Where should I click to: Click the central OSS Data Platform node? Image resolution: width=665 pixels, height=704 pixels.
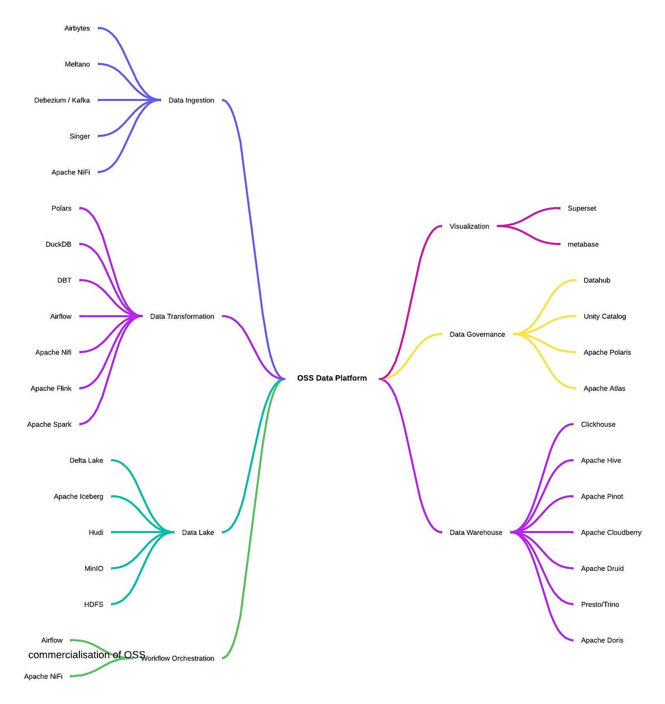(x=332, y=378)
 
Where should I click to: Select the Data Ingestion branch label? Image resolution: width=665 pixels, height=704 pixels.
(x=191, y=100)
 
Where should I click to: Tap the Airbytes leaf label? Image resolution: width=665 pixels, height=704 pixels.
(x=77, y=28)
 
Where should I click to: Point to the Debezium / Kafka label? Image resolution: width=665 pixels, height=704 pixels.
(x=62, y=100)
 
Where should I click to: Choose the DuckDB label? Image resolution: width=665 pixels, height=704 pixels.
(x=58, y=244)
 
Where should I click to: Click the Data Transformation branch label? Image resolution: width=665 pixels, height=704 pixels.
(x=182, y=316)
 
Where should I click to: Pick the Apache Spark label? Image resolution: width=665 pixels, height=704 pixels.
(x=49, y=424)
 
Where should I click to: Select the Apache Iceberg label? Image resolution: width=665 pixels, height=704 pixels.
(x=78, y=496)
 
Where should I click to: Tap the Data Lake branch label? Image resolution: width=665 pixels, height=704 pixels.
(x=197, y=533)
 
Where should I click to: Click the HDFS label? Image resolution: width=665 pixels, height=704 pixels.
(x=94, y=605)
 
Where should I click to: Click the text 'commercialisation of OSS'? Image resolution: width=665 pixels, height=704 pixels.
(x=87, y=655)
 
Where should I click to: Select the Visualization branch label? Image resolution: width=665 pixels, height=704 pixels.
(x=469, y=226)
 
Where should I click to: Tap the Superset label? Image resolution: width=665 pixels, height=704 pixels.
(x=582, y=208)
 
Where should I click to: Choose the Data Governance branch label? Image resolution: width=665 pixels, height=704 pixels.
(x=477, y=335)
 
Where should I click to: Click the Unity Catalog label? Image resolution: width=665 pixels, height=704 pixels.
(x=604, y=316)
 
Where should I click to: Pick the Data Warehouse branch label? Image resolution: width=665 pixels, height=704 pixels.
(x=475, y=533)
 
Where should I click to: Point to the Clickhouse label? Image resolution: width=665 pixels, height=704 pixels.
(x=598, y=424)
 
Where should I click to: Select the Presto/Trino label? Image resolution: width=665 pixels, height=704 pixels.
(x=600, y=605)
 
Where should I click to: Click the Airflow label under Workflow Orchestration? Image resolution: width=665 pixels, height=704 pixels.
(x=51, y=640)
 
